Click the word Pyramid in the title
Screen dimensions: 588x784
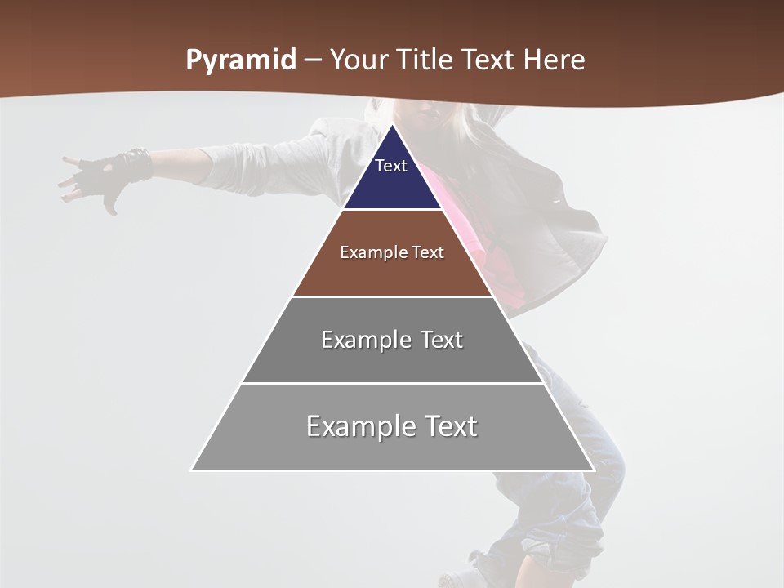click(240, 60)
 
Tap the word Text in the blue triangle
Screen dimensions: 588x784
click(391, 166)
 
